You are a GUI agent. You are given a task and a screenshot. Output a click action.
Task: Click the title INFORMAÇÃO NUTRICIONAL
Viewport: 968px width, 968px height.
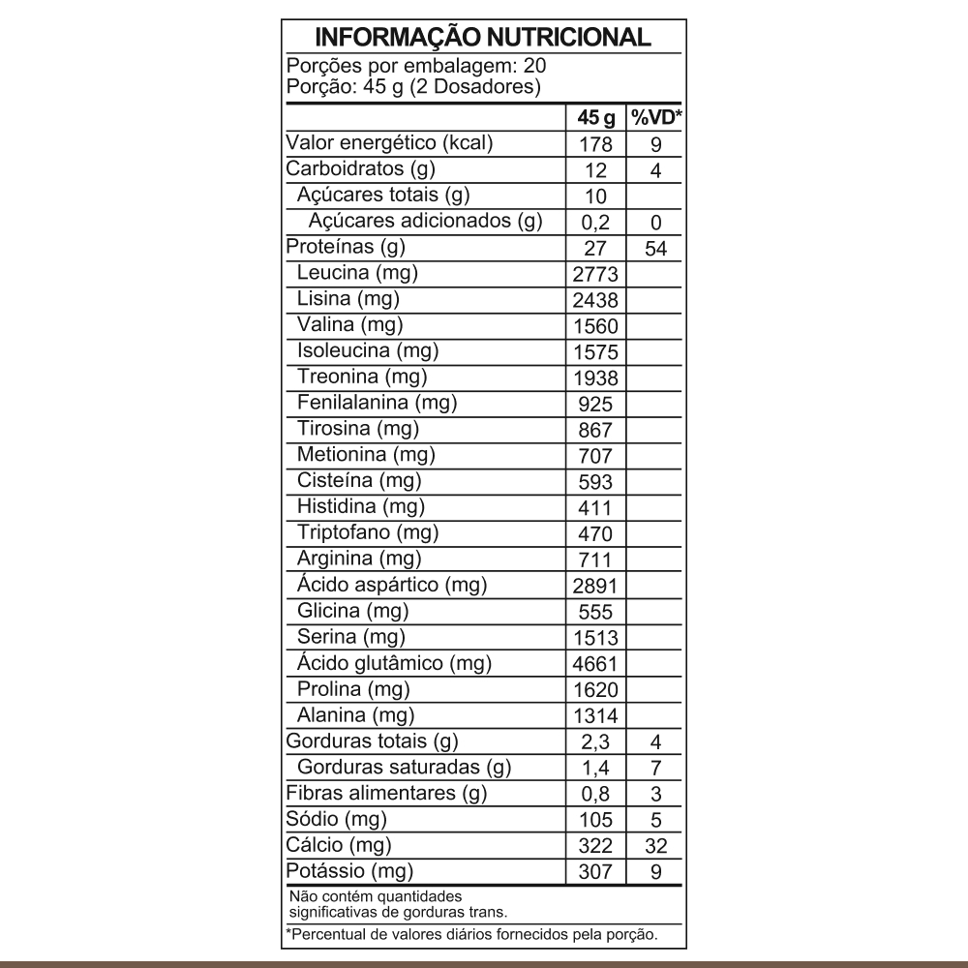(483, 38)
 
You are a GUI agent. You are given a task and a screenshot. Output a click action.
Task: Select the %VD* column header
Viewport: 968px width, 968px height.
(656, 118)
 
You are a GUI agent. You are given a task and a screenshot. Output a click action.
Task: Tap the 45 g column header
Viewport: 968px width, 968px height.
(595, 118)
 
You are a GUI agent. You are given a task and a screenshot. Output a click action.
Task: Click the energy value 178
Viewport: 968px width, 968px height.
(595, 145)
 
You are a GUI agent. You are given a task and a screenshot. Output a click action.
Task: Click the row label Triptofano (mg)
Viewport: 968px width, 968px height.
(368, 532)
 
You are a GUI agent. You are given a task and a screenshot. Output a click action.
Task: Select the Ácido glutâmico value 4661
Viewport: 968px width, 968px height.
(595, 665)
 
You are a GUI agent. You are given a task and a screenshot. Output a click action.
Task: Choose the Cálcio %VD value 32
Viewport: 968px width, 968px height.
(656, 846)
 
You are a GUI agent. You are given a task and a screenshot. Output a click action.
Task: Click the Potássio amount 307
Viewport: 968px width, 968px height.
(595, 872)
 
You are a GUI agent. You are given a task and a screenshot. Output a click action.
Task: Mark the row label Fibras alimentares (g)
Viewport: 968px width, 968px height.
(386, 794)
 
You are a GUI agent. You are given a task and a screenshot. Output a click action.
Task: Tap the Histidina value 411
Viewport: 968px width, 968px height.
(595, 508)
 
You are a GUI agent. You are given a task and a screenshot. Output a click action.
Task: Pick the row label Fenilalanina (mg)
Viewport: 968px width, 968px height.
(377, 402)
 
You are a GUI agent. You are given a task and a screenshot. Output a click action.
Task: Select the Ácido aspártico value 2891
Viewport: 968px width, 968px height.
(595, 587)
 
